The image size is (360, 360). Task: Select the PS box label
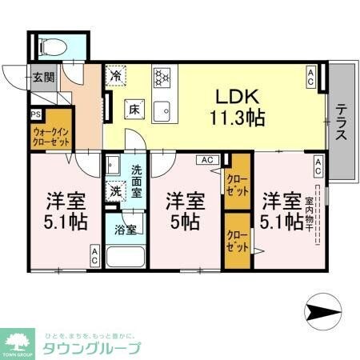35,114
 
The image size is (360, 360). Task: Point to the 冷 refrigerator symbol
116,77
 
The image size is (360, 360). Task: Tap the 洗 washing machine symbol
116,192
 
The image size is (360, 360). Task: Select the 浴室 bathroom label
126,230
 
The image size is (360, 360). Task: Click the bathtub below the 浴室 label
126,258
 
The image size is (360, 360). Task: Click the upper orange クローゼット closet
236,186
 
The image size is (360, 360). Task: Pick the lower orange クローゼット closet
236,239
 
